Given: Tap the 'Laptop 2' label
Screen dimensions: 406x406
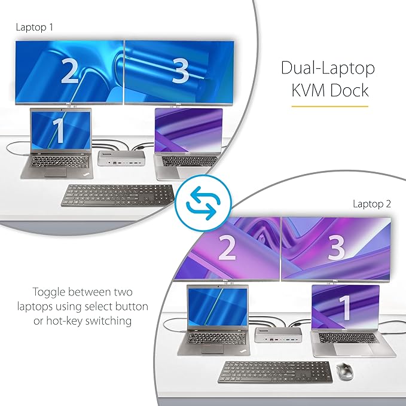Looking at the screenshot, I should coord(372,204).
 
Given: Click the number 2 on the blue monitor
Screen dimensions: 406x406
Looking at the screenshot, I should coord(70,72).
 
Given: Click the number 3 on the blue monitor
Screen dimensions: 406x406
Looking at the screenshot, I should coord(180,72).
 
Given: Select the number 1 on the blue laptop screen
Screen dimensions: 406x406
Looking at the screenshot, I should coord(59,131).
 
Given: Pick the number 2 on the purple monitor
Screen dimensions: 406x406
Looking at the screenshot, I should coord(227,249).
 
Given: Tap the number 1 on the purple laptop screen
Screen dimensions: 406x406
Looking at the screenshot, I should coord(344,307).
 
